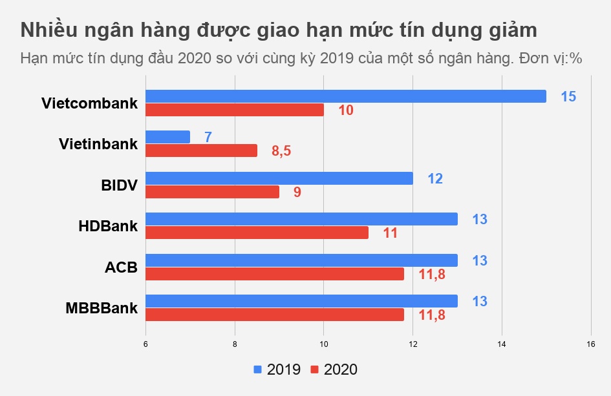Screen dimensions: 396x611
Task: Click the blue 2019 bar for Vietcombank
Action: click(345, 96)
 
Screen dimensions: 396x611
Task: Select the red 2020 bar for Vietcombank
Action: click(234, 110)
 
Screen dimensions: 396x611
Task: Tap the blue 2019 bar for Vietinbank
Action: click(167, 137)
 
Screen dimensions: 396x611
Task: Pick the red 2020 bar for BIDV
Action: click(212, 192)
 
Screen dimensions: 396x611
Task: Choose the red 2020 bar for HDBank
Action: click(257, 233)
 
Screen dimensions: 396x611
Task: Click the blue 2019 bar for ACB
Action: click(301, 260)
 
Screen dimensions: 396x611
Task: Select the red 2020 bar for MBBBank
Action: click(274, 315)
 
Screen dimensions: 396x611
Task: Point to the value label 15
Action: click(568, 97)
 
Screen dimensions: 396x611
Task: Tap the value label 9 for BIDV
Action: click(297, 193)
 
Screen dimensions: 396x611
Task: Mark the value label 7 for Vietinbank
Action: click(208, 138)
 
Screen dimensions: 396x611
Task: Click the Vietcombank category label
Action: click(89, 103)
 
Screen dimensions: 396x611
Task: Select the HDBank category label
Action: click(107, 226)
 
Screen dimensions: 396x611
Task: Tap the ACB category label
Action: click(121, 267)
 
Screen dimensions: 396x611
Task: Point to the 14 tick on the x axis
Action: click(501, 344)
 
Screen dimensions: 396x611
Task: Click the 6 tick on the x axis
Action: click(145, 344)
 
